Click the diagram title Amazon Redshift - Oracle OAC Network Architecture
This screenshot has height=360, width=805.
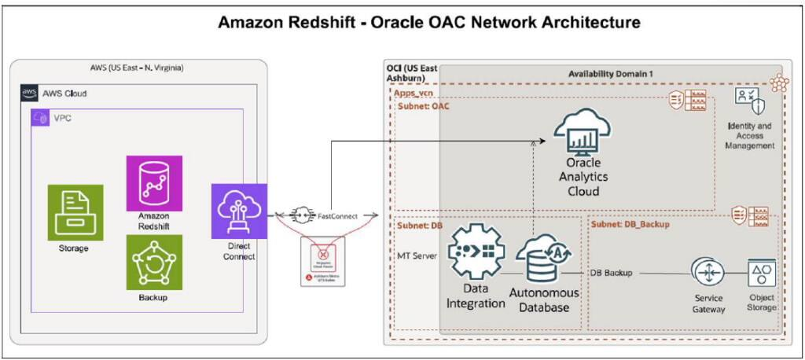tap(402, 23)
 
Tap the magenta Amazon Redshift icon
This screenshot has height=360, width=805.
tap(154, 183)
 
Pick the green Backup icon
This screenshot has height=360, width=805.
tap(154, 263)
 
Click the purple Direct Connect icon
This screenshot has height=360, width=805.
tap(238, 211)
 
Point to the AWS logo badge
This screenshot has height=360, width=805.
tap(29, 93)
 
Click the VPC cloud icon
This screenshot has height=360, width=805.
tap(40, 117)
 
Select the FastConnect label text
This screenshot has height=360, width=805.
tap(339, 214)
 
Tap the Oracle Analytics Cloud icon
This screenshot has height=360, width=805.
tap(583, 135)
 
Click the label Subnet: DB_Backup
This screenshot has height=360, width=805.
tap(630, 225)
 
